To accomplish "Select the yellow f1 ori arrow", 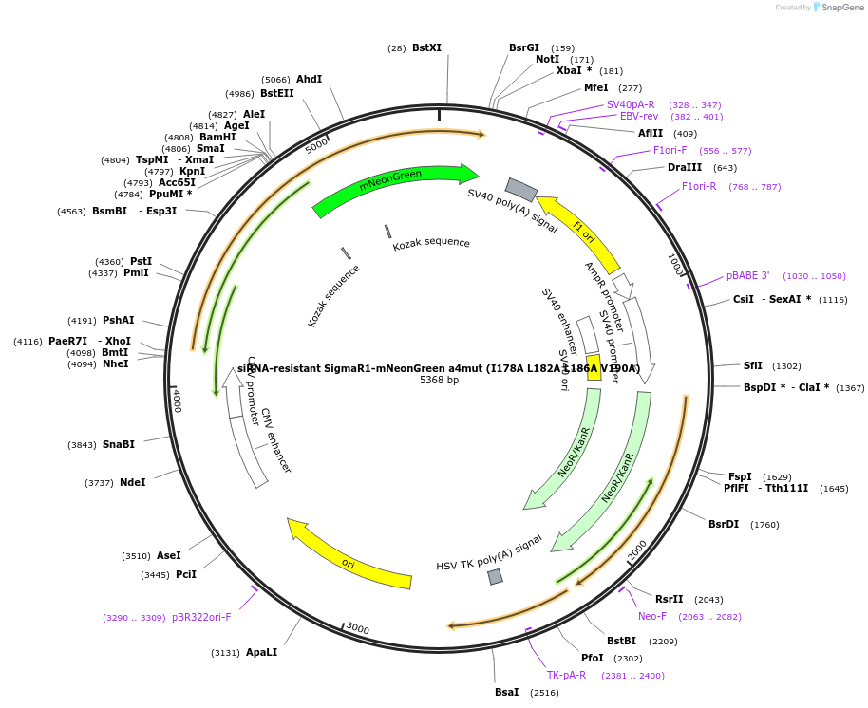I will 579,233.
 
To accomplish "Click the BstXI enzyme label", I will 426,47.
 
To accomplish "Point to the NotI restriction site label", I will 547,59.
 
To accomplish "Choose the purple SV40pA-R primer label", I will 631,104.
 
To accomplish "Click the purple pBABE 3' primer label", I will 748,275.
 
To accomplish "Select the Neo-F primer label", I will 652,616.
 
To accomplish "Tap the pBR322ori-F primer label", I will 201,617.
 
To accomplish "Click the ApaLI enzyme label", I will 261,652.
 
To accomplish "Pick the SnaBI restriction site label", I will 119,444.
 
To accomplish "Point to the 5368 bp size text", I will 439,380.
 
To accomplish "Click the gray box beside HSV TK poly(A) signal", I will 495,577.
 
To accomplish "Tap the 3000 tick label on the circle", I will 357,628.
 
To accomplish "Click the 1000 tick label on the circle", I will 676,264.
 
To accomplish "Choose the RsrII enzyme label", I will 669,599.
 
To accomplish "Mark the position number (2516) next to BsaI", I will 544,693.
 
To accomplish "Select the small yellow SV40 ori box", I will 594,368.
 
